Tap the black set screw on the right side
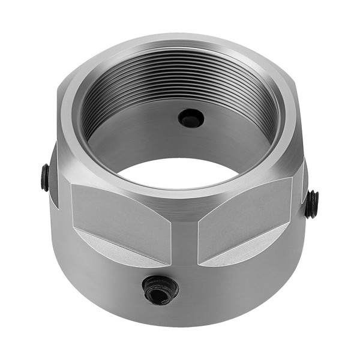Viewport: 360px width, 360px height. point(312,204)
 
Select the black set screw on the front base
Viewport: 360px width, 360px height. point(160,289)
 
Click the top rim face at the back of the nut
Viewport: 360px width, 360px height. point(180,40)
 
